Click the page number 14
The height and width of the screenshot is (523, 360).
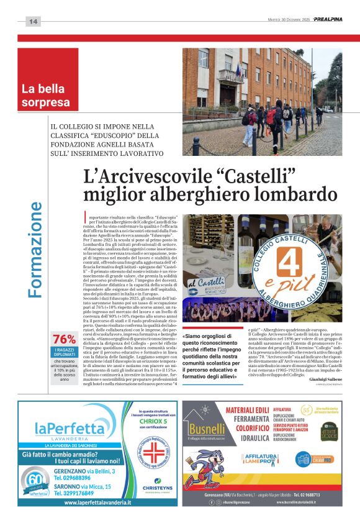(33, 21)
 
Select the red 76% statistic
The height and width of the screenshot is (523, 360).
(65, 340)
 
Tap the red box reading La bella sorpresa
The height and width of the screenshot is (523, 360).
(48, 95)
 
